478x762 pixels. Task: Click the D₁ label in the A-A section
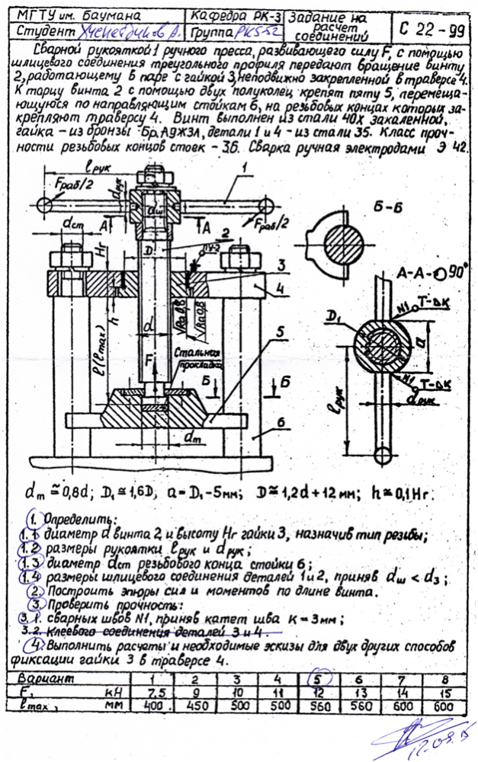point(333,315)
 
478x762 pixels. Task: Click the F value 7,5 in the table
point(157,693)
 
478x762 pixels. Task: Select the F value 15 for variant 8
point(442,693)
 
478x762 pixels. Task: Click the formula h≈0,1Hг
point(399,494)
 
